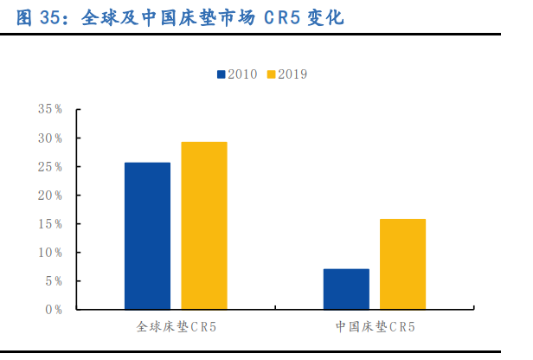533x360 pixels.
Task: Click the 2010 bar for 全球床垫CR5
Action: click(147, 235)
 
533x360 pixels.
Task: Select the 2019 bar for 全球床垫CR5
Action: click(204, 225)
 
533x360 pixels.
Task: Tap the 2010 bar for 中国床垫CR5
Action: click(346, 289)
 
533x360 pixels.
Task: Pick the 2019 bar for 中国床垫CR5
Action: click(403, 264)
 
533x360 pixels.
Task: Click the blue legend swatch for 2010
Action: click(222, 74)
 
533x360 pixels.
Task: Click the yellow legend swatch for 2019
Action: click(271, 74)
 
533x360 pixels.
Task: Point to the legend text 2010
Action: click(243, 74)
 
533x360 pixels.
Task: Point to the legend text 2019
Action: click(292, 74)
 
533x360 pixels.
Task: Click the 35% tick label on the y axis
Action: click(50, 110)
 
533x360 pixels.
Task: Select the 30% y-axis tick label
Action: click(50, 138)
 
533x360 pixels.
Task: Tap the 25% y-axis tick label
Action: click(50, 167)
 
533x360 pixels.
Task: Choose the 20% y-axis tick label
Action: click(50, 196)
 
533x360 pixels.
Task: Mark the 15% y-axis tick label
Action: click(50, 224)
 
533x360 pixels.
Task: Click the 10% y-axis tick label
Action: click(50, 253)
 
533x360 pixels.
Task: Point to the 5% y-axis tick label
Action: click(54, 281)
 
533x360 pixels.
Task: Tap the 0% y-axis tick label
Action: click(54, 309)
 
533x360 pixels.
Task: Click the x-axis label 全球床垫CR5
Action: click(176, 328)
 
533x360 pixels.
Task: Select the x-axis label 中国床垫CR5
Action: click(375, 328)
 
